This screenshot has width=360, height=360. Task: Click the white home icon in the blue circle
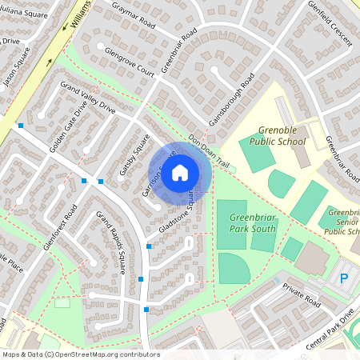coord(180,172)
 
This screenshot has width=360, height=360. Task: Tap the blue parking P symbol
coord(345,278)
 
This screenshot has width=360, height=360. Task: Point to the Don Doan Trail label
coord(209,150)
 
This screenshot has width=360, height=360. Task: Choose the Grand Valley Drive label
coord(88,98)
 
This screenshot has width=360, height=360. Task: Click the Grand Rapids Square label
coord(110,242)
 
